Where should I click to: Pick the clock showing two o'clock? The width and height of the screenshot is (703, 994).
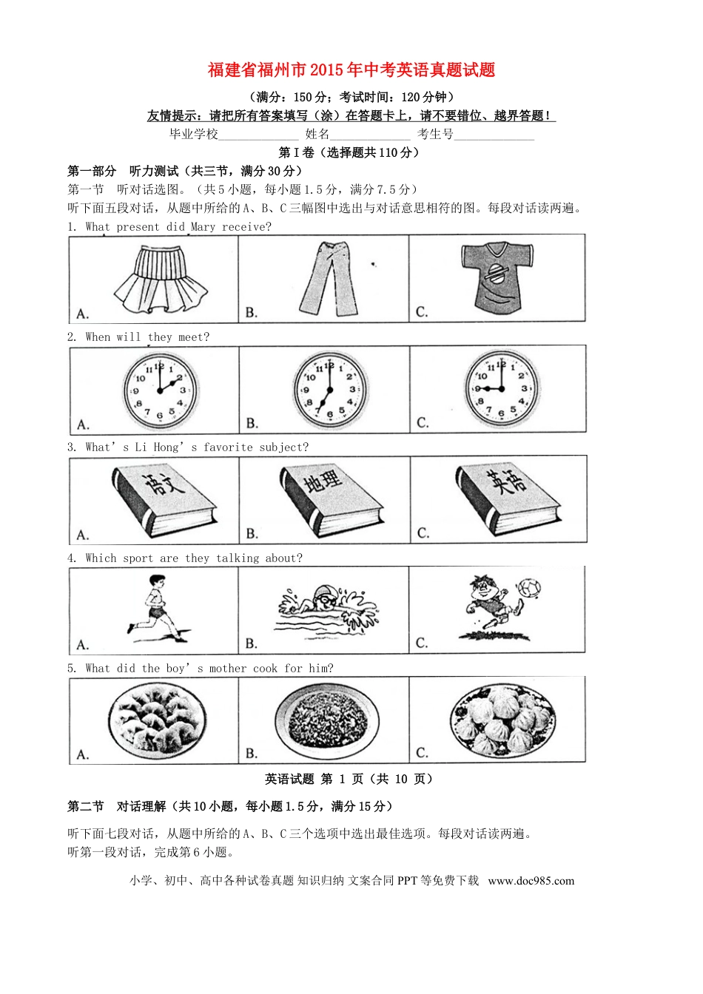coord(160,390)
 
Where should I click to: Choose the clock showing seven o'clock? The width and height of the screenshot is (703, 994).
coord(329,390)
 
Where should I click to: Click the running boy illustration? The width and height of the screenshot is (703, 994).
coord(155,609)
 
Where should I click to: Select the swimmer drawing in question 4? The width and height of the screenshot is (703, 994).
coord(326,609)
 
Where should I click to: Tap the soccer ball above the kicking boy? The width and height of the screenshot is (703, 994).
coord(528,588)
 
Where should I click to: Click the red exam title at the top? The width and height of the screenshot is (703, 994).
coord(351,70)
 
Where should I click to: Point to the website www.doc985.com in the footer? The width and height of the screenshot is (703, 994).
coord(531,881)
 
